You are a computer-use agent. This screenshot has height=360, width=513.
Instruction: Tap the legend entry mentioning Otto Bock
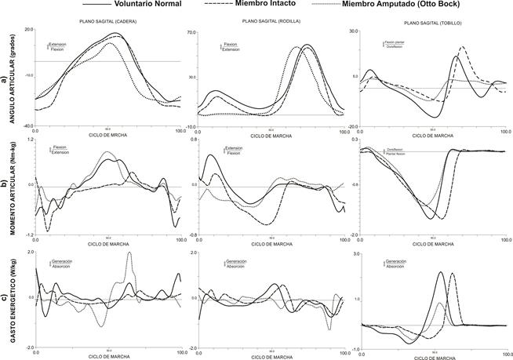pyautogui.click(x=420, y=5)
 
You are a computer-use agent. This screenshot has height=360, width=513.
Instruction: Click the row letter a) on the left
pyautogui.click(x=5, y=78)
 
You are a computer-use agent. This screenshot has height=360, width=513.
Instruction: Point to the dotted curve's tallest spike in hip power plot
pyautogui.click(x=129, y=253)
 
